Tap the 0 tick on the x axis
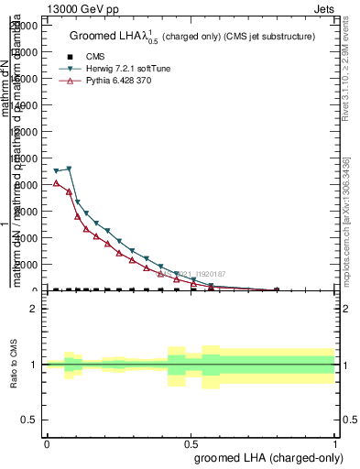coord(47,443)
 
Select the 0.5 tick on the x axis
coord(191,443)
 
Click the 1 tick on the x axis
coord(334,443)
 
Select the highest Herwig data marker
coord(69,169)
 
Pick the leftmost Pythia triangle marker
coord(57,182)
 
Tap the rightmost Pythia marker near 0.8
coord(277,290)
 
